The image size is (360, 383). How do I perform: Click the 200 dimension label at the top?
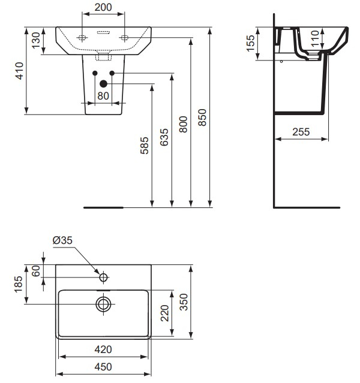click(104, 8)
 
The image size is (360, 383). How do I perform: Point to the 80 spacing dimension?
click(103, 95)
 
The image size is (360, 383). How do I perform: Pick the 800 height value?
click(184, 123)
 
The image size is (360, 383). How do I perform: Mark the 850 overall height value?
click(203, 117)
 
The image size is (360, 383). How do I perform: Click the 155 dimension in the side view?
click(251, 43)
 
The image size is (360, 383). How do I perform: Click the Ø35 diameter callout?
click(62, 240)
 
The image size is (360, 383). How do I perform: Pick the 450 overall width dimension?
click(104, 367)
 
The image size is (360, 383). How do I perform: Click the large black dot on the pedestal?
click(103, 83)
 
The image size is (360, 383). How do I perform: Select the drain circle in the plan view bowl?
click(103, 304)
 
